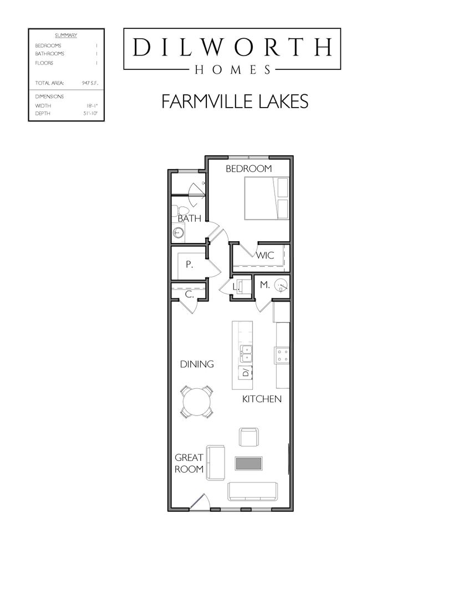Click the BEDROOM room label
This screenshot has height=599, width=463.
pyautogui.click(x=248, y=169)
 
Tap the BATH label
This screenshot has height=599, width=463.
pyautogui.click(x=189, y=219)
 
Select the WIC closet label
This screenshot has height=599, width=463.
pyautogui.click(x=265, y=256)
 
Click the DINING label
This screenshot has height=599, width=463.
pyautogui.click(x=197, y=364)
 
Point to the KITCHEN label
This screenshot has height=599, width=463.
pyautogui.click(x=262, y=399)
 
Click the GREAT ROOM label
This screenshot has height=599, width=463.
pyautogui.click(x=189, y=463)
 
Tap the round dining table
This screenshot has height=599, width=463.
pyautogui.click(x=197, y=402)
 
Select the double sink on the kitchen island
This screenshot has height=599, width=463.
pyautogui.click(x=245, y=351)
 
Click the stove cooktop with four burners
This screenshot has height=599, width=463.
pyautogui.click(x=282, y=354)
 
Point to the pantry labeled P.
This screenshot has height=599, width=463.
pyautogui.click(x=189, y=265)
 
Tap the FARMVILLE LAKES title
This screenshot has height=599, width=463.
pyautogui.click(x=235, y=101)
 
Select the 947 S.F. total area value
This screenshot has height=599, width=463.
pyautogui.click(x=89, y=83)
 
